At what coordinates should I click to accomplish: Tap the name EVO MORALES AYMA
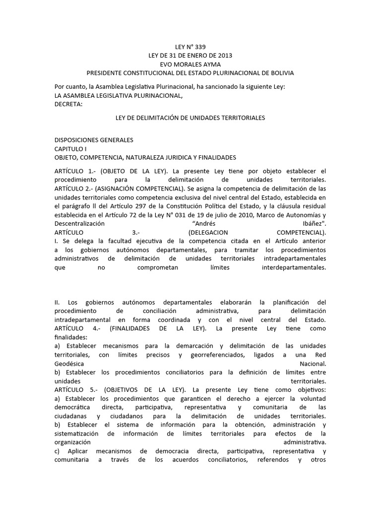click(190, 64)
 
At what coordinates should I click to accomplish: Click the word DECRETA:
click(69, 105)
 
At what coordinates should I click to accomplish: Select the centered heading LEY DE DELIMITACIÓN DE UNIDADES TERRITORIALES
click(190, 118)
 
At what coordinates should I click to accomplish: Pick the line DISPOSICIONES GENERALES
click(94, 140)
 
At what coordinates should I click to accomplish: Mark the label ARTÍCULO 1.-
click(75, 171)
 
